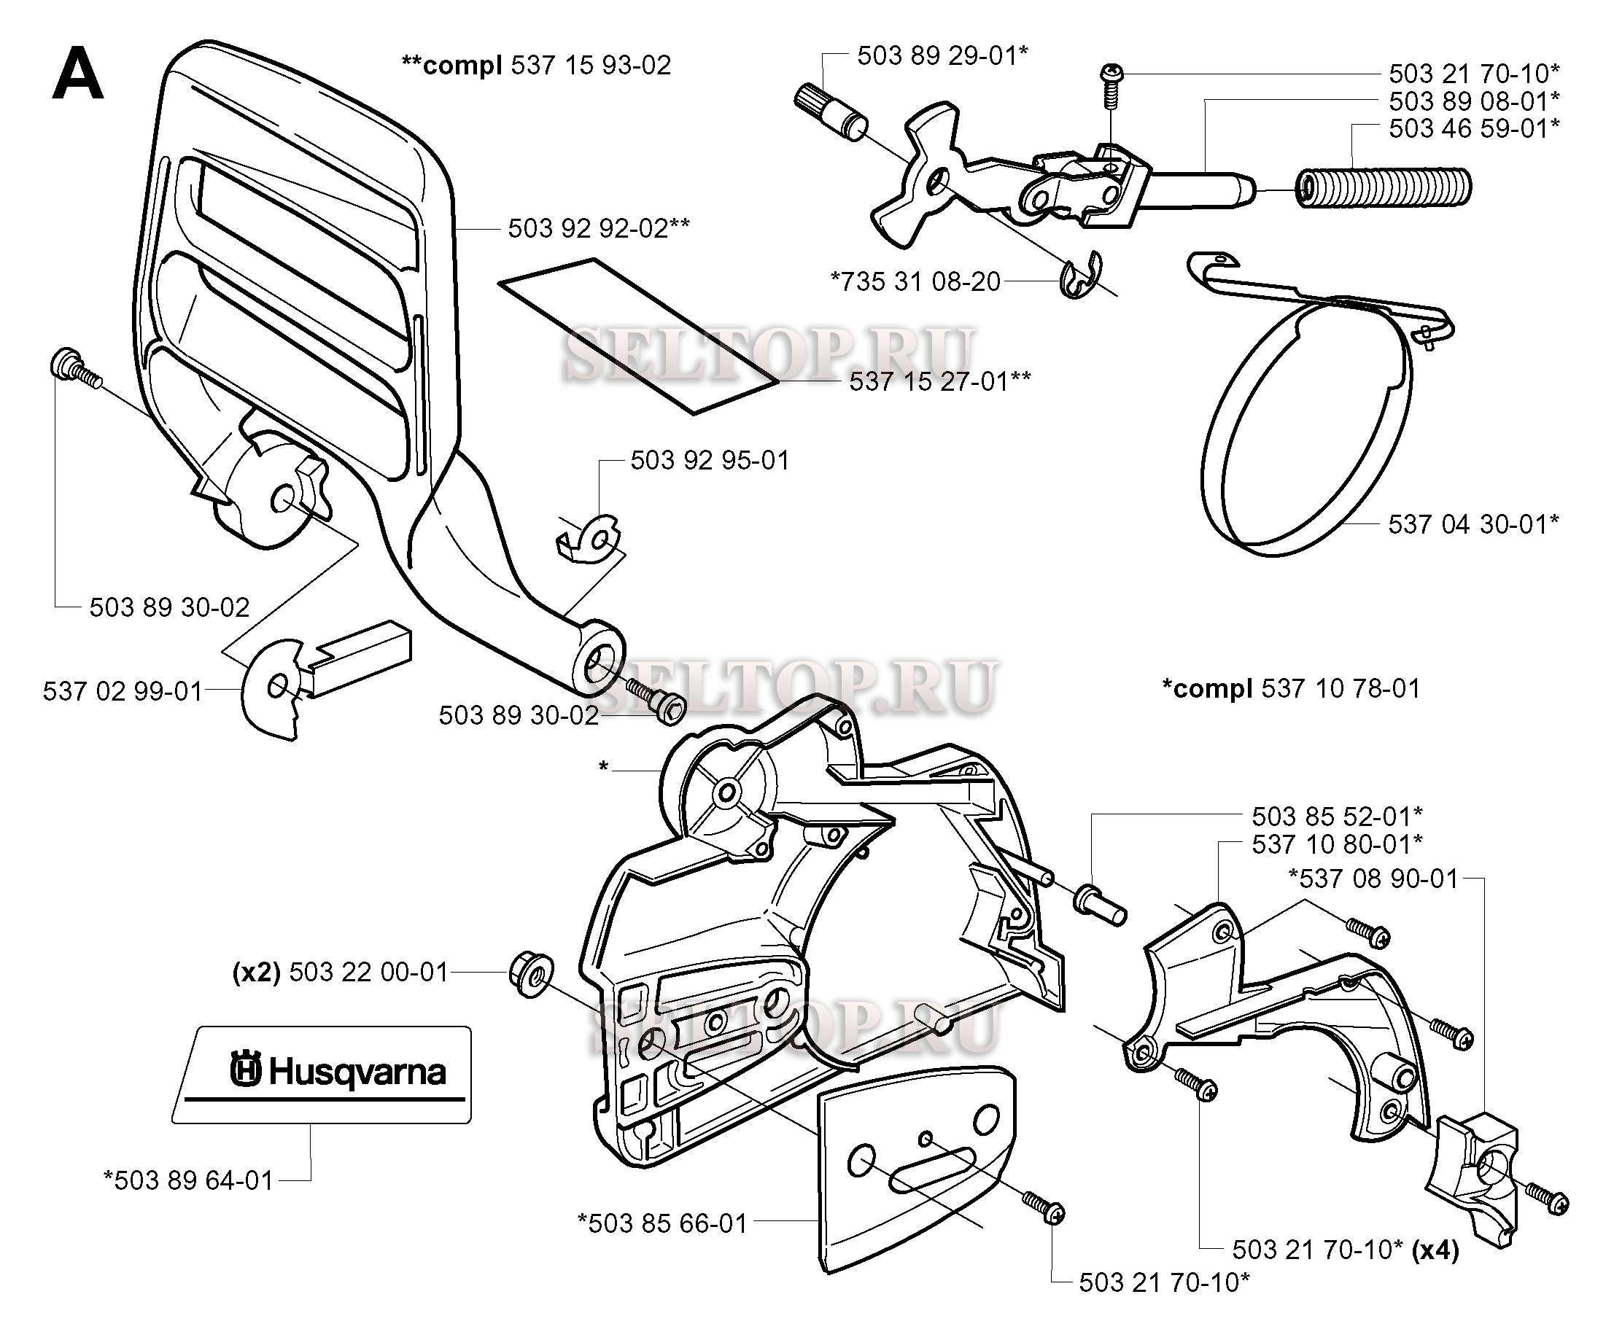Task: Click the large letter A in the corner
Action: click(x=77, y=74)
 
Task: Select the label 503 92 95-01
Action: click(x=710, y=460)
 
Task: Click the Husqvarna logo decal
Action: click(x=321, y=1075)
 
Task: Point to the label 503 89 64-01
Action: click(x=188, y=1180)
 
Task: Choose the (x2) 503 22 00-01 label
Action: click(x=341, y=972)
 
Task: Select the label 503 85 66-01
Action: click(x=662, y=1223)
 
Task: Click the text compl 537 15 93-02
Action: click(x=537, y=65)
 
